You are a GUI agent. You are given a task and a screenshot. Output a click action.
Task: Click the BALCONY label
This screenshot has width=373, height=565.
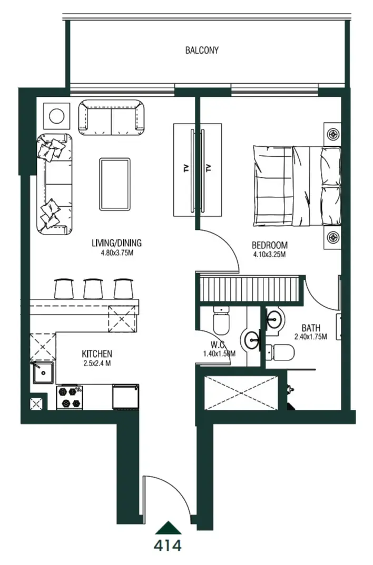tap(202, 51)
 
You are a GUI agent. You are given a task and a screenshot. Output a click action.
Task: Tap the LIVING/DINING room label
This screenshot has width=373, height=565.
tap(116, 243)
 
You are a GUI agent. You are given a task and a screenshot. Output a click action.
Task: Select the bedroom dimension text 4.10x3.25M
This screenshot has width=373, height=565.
tap(269, 255)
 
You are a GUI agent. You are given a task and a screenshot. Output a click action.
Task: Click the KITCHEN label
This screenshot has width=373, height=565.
tap(96, 354)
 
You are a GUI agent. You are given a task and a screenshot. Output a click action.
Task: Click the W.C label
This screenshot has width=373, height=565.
tap(218, 345)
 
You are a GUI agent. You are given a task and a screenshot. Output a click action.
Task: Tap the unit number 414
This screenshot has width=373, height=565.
tap(168, 546)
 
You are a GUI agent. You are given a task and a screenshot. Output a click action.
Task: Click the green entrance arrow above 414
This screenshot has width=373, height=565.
tap(168, 528)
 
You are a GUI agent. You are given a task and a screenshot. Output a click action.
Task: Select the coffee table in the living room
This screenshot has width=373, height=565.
tap(115, 184)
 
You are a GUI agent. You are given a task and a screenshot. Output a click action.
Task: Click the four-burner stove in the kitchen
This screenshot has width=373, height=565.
tap(70, 397)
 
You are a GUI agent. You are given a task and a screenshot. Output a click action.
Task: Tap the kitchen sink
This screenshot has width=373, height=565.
tap(43, 374)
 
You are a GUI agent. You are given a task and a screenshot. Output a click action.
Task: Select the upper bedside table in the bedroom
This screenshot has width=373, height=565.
tap(332, 135)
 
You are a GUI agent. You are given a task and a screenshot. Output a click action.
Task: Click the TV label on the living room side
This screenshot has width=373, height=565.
tap(186, 169)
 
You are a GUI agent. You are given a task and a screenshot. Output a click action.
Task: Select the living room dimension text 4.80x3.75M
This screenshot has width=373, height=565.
tap(116, 253)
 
